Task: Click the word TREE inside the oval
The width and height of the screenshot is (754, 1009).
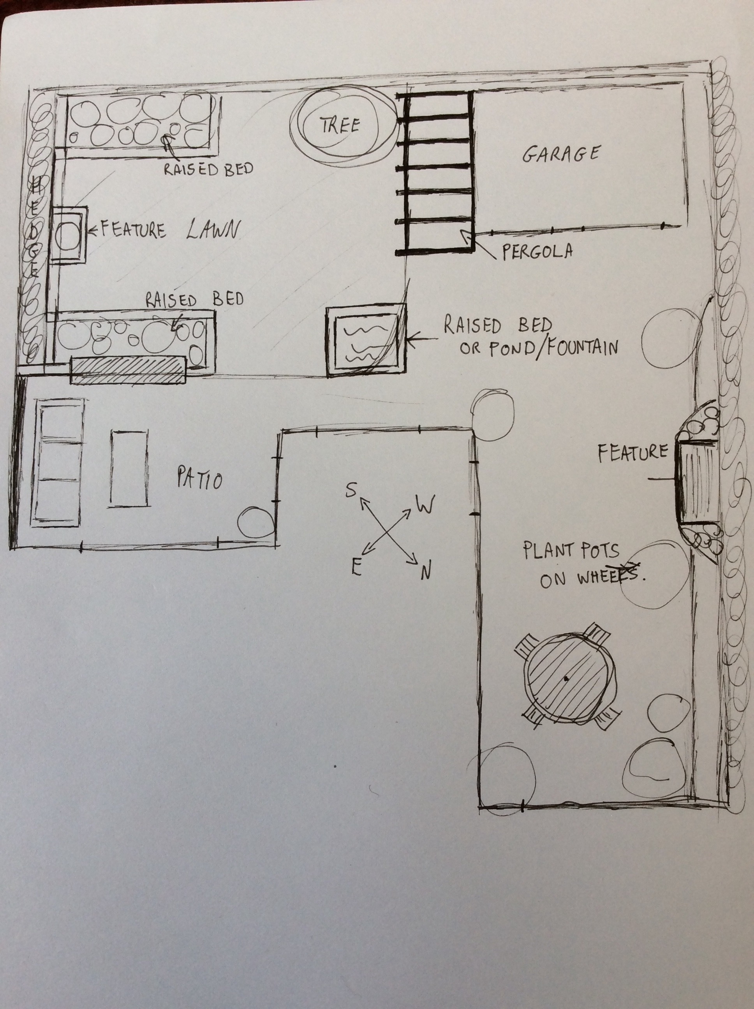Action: coord(340,124)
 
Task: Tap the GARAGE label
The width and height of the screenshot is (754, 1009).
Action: coord(560,154)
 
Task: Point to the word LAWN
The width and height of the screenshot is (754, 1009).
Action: coord(212,230)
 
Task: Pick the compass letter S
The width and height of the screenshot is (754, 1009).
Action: coord(351,491)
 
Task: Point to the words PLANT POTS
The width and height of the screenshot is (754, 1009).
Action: coord(571,551)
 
